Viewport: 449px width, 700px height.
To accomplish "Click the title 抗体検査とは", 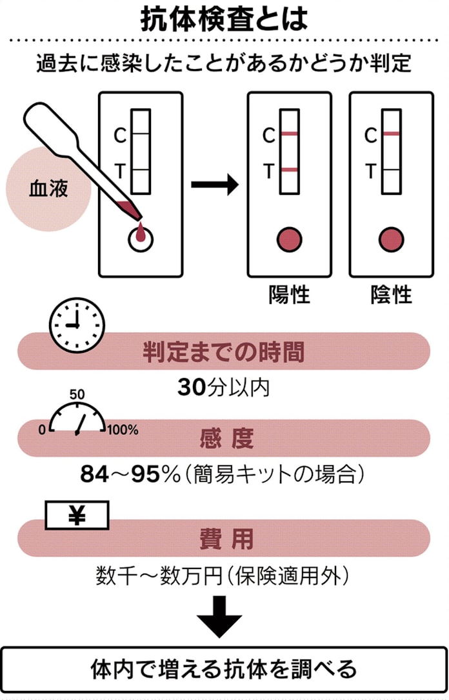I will [224, 20].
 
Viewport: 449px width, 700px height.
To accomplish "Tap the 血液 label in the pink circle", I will [48, 190].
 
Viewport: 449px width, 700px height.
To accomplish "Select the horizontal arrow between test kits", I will [215, 185].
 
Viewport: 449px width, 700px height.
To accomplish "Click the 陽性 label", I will [290, 295].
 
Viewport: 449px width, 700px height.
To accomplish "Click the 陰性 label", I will [391, 295].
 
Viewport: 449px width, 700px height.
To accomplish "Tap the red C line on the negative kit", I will [391, 134].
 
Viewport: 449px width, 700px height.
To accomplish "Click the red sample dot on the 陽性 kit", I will [290, 239].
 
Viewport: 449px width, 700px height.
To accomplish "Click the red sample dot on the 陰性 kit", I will [391, 239].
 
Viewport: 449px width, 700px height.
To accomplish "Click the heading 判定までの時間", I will [224, 352].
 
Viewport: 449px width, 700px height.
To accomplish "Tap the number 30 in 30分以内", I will [190, 387].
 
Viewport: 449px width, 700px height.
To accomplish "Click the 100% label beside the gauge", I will [123, 430].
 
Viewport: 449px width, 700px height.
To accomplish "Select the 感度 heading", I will [226, 439].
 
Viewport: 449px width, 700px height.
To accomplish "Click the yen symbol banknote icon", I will [77, 515].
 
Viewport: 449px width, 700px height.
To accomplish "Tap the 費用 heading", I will [226, 539].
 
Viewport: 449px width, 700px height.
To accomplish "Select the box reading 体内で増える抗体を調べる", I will [224, 669].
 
